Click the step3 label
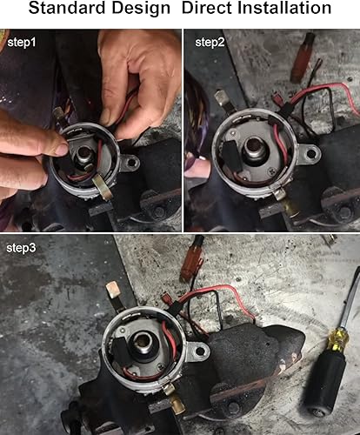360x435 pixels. tap(21, 248)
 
